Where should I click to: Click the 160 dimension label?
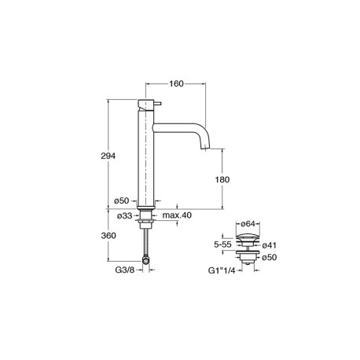[176, 84]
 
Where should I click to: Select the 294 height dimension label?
[108, 156]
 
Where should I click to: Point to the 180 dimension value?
[222, 180]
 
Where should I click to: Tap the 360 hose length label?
[108, 236]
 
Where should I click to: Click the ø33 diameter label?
[124, 215]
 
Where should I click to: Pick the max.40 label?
[177, 215]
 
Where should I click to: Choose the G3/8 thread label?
[125, 270]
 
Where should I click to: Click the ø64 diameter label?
[248, 224]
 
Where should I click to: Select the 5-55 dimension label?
[222, 244]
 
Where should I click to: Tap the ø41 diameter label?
[270, 245]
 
